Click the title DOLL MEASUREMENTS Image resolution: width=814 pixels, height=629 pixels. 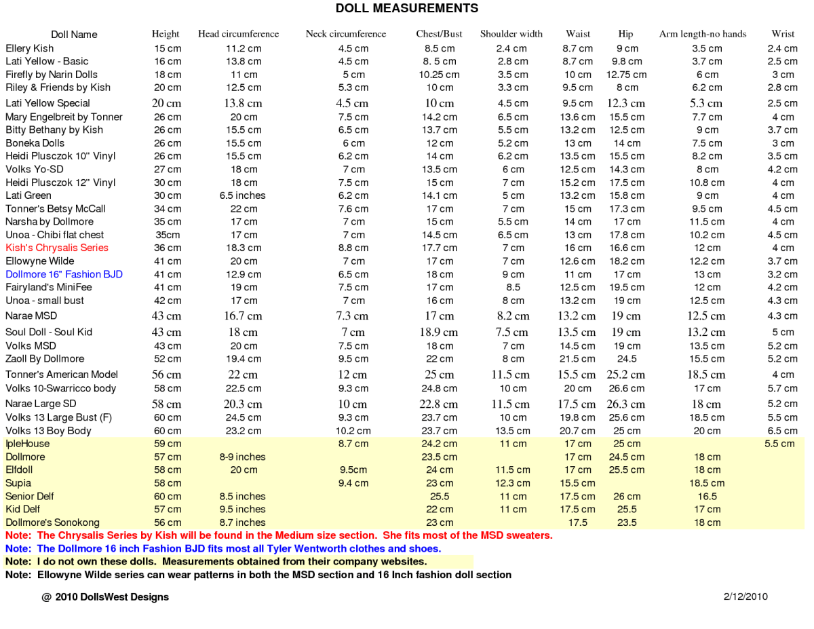tap(407, 9)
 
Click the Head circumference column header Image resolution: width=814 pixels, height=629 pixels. tap(238, 34)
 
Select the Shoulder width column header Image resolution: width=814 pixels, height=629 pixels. tap(511, 34)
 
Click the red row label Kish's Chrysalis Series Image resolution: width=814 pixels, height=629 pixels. tap(57, 248)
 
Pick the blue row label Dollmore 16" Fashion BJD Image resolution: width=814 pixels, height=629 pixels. tap(64, 274)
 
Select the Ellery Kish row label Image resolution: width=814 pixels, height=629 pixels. tap(30, 48)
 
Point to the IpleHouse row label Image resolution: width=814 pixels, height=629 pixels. tap(27, 444)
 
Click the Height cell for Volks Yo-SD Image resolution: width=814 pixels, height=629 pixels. tap(168, 170)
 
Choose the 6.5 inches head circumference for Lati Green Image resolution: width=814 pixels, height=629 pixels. tap(243, 195)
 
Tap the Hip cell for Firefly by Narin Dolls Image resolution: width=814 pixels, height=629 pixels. tap(626, 75)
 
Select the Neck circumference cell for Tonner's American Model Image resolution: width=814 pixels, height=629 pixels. tap(353, 375)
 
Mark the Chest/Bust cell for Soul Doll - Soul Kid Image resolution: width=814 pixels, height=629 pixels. tap(440, 332)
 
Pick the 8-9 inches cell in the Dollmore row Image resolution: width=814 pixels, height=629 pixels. tap(243, 457)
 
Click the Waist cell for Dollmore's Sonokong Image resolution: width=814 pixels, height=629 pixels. tap(578, 522)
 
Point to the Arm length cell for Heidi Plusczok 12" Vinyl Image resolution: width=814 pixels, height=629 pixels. tap(707, 183)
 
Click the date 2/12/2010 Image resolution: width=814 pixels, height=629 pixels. tap(745, 597)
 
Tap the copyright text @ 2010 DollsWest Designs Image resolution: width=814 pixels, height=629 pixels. tap(105, 597)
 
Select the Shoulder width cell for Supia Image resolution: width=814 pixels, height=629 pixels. tap(513, 483)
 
